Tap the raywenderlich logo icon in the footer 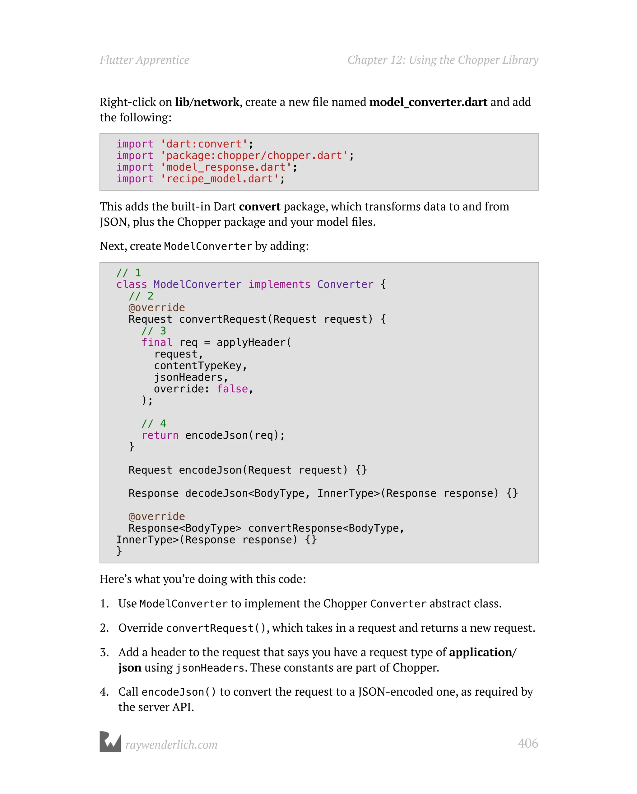point(110,741)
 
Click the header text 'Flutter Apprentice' point(144,60)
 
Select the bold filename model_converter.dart point(428,102)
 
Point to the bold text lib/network point(207,102)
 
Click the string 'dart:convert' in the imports point(204,144)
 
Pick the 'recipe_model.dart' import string point(220,179)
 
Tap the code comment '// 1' point(128,273)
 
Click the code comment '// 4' point(154,423)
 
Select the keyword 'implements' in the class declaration point(279,284)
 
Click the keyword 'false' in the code point(232,389)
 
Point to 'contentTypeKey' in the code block point(198,366)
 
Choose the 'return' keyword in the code point(160,435)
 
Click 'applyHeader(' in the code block point(254,343)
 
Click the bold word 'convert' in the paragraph point(260,207)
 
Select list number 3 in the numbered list point(104,652)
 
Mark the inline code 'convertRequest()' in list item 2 point(216,628)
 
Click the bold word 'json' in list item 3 point(130,668)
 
